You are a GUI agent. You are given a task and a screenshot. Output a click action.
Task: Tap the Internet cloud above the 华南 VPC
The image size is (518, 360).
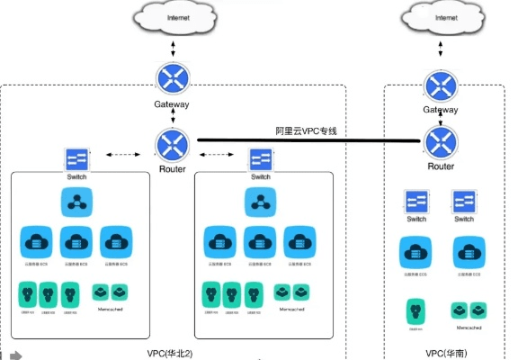pos(441,18)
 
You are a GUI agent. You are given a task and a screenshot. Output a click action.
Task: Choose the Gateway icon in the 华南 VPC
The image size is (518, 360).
pos(441,85)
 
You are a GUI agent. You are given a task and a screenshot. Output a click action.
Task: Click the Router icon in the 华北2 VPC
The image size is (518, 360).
pos(171,144)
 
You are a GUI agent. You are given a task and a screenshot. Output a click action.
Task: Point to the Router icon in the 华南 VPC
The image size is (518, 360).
pos(441,141)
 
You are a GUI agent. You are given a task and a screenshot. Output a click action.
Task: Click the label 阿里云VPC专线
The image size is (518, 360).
pos(306,131)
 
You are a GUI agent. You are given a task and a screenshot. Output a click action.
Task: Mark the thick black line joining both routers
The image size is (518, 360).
pos(306,140)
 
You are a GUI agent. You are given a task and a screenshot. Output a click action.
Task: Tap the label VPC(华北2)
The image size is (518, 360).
pos(174,353)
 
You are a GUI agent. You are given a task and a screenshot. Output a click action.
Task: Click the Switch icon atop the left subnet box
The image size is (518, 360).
pos(76,160)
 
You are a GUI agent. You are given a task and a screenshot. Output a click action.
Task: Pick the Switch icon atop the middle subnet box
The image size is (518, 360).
pos(261,160)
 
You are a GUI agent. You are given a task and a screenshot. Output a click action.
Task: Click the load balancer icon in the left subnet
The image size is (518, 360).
pos(76,202)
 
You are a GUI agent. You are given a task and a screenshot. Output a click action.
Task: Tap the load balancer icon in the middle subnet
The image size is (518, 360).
pos(261,202)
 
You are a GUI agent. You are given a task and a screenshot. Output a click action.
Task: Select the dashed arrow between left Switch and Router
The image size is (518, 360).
pos(122,155)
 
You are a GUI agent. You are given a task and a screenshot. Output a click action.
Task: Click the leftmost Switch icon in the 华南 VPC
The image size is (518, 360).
pos(416,202)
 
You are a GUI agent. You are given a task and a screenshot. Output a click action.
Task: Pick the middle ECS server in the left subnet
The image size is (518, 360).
pos(76,241)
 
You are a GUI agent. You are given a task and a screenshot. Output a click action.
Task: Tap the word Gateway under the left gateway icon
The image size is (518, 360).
pos(171,104)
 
